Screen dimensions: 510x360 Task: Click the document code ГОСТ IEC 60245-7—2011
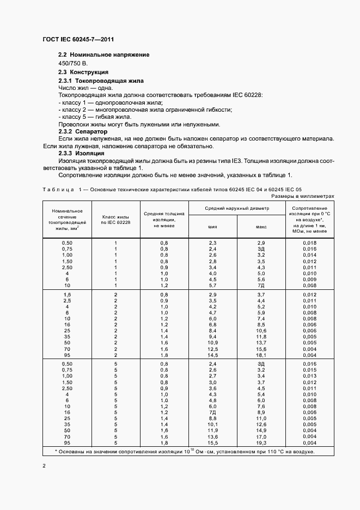pyautogui.click(x=78, y=39)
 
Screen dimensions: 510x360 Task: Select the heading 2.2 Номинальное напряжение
pyautogui.click(x=103, y=55)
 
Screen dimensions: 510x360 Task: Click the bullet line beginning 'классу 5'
pyautogui.click(x=94, y=117)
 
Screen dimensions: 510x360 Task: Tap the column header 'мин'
pyautogui.click(x=212, y=226)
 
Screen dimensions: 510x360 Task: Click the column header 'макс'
pyautogui.click(x=261, y=226)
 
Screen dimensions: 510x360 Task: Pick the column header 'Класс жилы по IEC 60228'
pyautogui.click(x=116, y=220)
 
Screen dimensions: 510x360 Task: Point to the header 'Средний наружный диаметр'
pyautogui.click(x=237, y=208)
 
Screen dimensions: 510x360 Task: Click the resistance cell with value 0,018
pyautogui.click(x=309, y=242)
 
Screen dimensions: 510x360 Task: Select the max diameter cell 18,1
pyautogui.click(x=261, y=355)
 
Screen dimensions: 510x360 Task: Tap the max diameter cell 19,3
pyautogui.click(x=261, y=444)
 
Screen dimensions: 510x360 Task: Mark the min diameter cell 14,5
pyautogui.click(x=212, y=355)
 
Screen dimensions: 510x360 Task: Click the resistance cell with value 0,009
pyautogui.click(x=309, y=278)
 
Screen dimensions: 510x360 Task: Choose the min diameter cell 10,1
pyautogui.click(x=212, y=424)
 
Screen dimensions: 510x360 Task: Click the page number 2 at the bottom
pyautogui.click(x=44, y=466)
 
